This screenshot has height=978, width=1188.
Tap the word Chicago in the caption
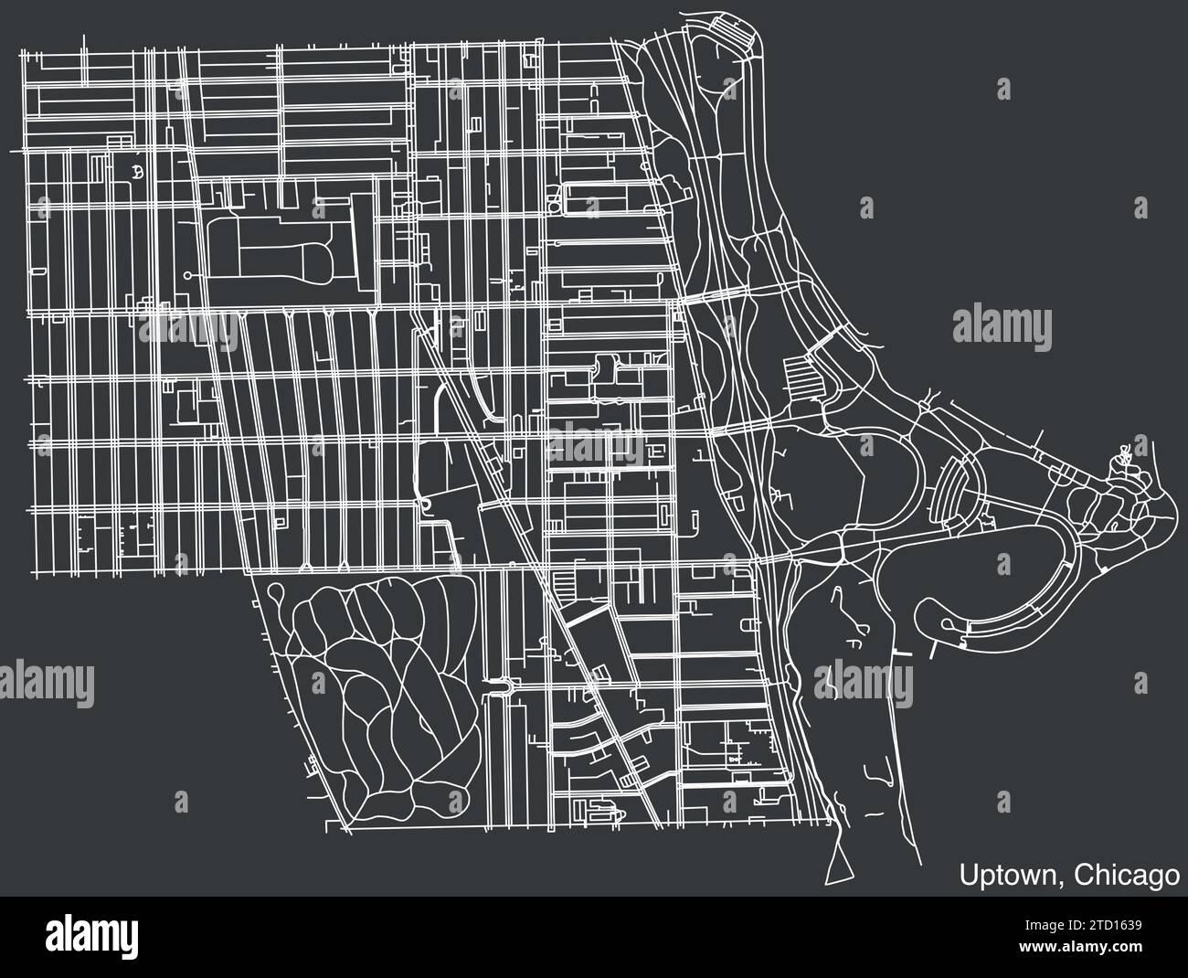1125,875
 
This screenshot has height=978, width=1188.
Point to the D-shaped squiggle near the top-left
137,171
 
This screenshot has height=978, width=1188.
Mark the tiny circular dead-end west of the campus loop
187,274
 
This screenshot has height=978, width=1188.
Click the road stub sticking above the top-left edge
84,43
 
